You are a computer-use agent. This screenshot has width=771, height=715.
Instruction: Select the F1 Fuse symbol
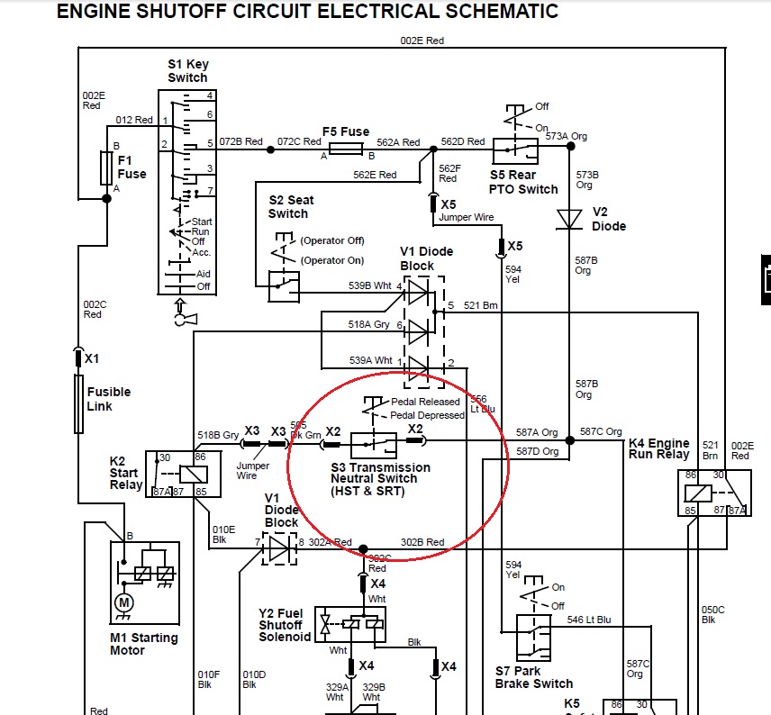point(106,167)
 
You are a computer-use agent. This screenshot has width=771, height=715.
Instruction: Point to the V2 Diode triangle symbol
point(568,219)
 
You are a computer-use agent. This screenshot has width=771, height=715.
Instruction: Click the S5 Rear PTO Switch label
point(523,182)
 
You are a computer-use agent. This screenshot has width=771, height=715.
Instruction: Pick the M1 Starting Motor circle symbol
point(125,602)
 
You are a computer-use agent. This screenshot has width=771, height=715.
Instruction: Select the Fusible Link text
point(108,399)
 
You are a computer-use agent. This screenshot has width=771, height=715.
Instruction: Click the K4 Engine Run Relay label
point(658,448)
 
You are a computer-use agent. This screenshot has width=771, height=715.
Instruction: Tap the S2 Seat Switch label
point(288,207)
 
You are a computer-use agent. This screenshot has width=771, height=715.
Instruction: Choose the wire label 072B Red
point(240,142)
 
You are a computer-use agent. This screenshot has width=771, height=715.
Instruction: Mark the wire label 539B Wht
point(371,286)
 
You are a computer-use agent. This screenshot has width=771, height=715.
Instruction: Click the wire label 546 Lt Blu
point(588,620)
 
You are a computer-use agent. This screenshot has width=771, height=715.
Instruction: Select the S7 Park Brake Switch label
point(534,677)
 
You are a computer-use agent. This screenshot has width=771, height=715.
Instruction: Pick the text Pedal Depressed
point(428,415)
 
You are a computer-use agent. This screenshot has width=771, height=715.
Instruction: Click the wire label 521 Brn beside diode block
point(481,306)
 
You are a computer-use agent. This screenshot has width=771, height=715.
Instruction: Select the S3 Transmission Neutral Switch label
point(380,479)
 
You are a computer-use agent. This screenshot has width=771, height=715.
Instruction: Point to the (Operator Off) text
point(332,241)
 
